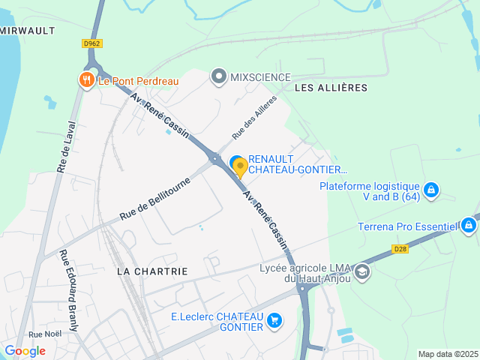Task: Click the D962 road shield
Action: click(91, 43)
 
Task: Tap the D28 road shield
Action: click(400, 248)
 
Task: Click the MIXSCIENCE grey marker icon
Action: click(218, 76)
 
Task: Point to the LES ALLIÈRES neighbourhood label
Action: click(331, 88)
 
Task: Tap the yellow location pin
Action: click(240, 166)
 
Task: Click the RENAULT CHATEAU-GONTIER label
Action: click(297, 164)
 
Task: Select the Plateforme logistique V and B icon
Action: click(431, 190)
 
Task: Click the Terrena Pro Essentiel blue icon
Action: click(468, 225)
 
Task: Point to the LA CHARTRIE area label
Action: click(152, 270)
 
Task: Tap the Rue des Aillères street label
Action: click(254, 117)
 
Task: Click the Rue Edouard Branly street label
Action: click(69, 290)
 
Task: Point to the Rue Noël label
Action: click(45, 334)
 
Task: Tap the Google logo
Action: click(25, 350)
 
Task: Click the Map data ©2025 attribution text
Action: click(447, 354)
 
